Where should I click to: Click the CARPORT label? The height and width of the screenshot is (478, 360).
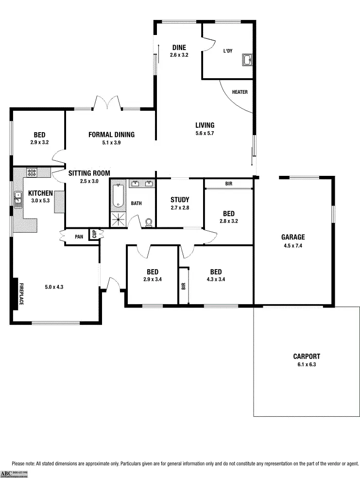307,356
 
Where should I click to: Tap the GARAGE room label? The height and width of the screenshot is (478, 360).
293,237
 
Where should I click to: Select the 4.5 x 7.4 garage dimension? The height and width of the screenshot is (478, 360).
293,245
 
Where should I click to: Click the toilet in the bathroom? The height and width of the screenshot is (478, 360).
149,222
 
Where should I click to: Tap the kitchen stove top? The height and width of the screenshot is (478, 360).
32,172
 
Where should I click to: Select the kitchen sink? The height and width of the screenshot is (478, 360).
18,199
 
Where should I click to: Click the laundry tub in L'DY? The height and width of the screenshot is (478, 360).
248,60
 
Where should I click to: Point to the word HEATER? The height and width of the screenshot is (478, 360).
240,92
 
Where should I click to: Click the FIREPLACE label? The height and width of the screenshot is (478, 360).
21,294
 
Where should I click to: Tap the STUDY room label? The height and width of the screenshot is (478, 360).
180,200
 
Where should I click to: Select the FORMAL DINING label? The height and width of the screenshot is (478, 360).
111,135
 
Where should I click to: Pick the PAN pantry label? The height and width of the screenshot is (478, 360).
79,237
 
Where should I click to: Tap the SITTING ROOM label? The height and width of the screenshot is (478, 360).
89,173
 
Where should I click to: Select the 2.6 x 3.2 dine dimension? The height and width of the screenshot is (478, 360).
179,55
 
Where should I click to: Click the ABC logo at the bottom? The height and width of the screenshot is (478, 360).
6,473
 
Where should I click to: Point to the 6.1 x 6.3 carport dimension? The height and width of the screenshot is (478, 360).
307,364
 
